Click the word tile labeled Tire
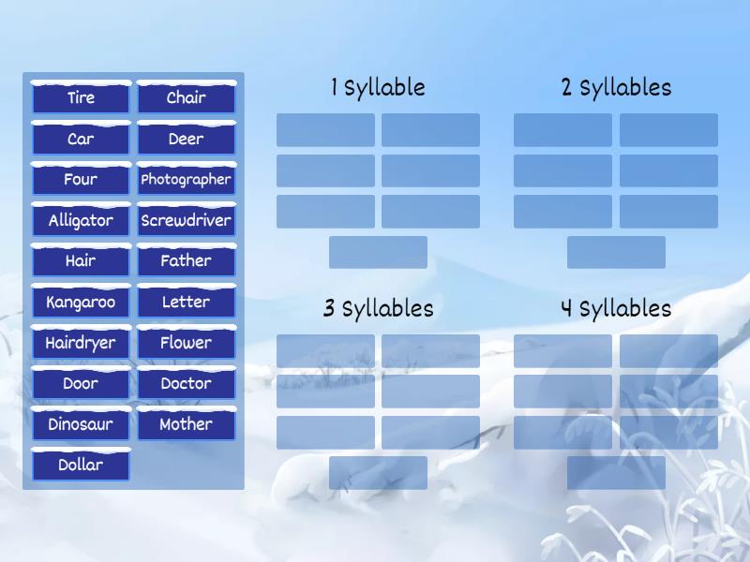click(x=81, y=98)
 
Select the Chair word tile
click(x=186, y=98)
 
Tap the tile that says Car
click(x=81, y=140)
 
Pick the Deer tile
click(x=186, y=140)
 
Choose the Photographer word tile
click(x=186, y=180)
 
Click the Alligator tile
click(x=81, y=221)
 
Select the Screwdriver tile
click(x=186, y=221)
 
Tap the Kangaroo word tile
click(x=81, y=303)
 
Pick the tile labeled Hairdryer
click(x=81, y=343)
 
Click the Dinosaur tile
click(x=81, y=424)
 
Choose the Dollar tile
click(x=81, y=466)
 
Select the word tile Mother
click(x=186, y=424)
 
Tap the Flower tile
click(x=186, y=343)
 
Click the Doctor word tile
click(x=186, y=384)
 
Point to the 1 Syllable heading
click(x=378, y=88)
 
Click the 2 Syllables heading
click(x=616, y=88)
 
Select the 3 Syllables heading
click(x=378, y=309)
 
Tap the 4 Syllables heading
click(x=616, y=309)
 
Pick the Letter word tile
click(x=186, y=303)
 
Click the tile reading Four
click(x=81, y=180)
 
